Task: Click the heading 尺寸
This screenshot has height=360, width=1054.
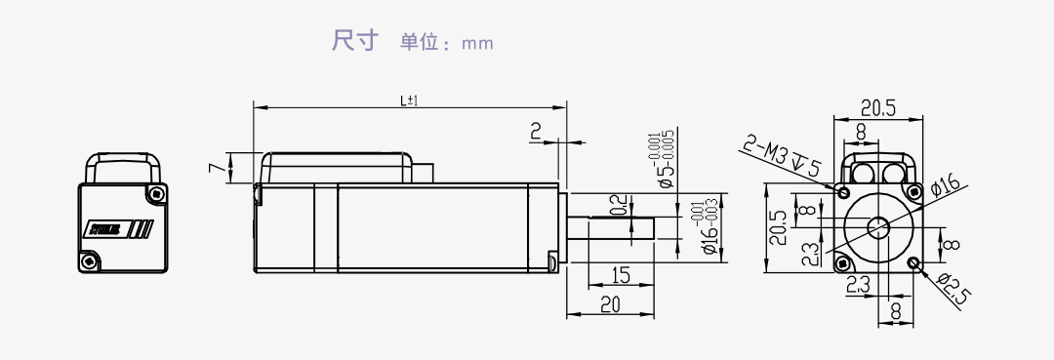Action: point(353,42)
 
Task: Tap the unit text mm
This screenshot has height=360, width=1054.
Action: point(478,44)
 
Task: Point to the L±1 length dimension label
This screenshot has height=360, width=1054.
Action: point(409,100)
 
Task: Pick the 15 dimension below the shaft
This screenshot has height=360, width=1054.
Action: point(620,275)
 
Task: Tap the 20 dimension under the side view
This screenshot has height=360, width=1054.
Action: point(610,304)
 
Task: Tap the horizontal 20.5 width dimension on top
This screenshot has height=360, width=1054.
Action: point(877,108)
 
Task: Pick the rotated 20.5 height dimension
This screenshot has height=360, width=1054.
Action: point(777,229)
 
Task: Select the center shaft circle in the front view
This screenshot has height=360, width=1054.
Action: point(878,228)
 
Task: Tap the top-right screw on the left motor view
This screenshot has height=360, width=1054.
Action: point(153,193)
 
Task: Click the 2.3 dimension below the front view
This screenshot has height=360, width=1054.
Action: point(858,286)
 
